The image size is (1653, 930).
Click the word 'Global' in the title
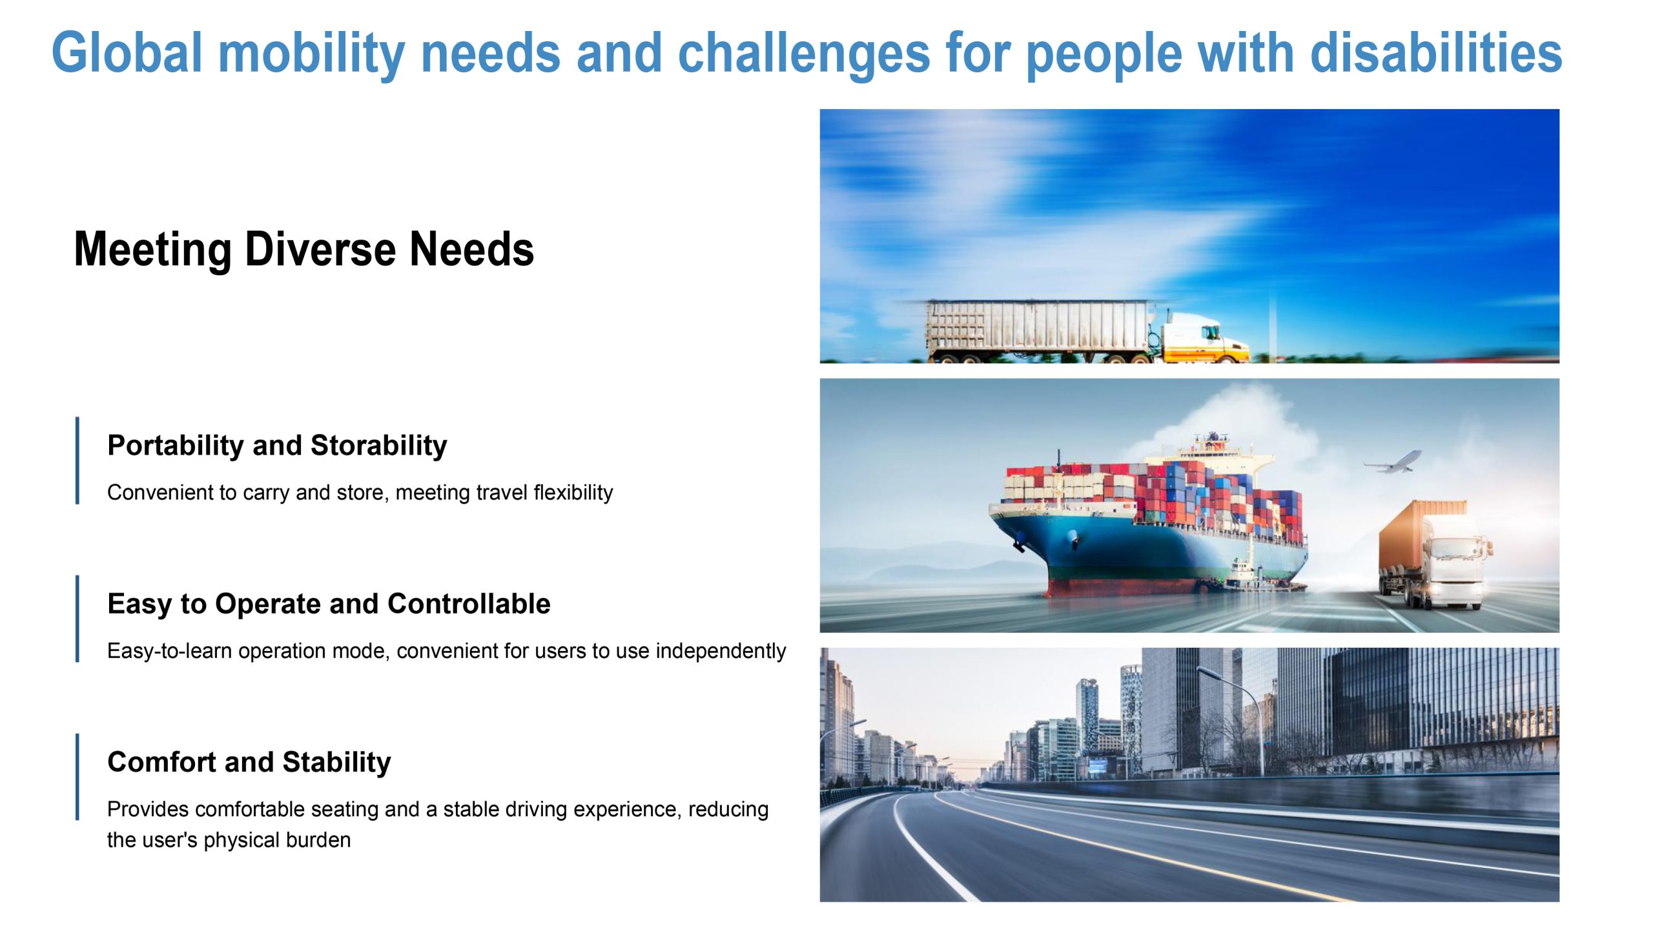click(127, 53)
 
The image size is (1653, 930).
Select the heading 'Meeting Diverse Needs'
click(304, 250)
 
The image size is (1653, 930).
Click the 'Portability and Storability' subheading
click(277, 446)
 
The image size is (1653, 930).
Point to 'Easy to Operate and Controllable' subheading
click(329, 604)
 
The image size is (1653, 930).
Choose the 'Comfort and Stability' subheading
click(249, 762)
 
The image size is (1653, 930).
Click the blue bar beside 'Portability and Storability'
click(77, 460)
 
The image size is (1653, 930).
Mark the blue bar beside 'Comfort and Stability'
click(77, 777)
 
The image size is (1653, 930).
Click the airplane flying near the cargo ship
click(1392, 462)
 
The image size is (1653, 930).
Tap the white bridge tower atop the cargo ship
click(1214, 456)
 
